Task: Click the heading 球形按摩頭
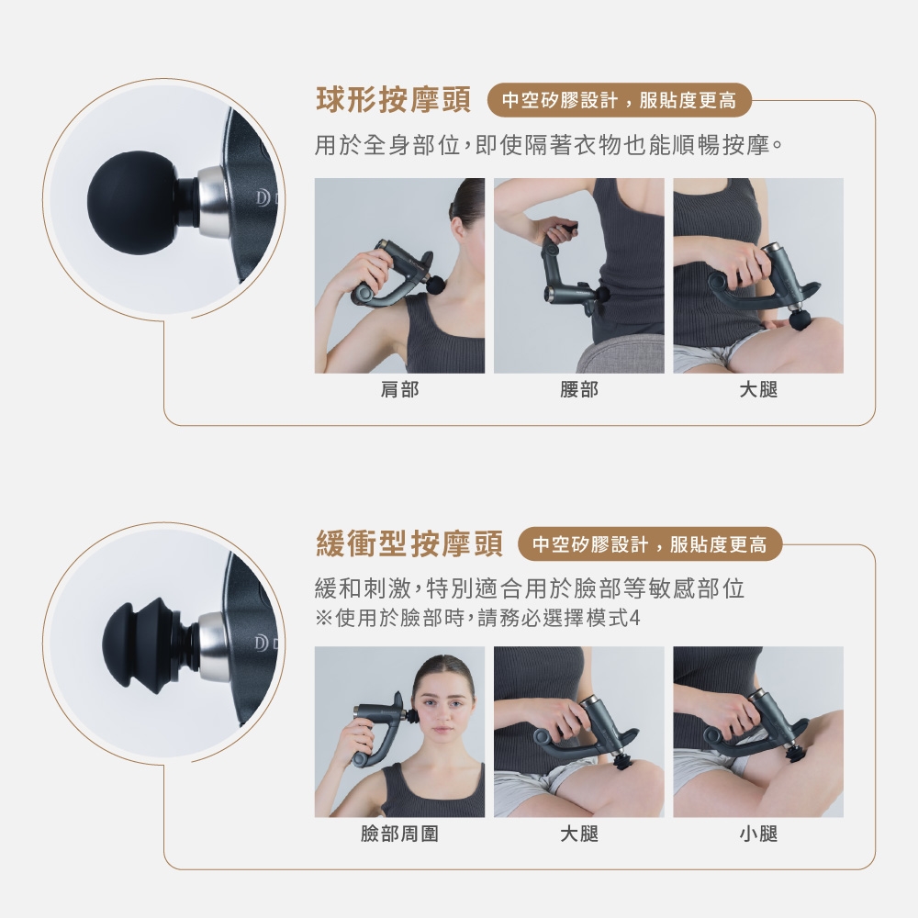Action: click(393, 100)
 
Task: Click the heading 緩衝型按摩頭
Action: click(409, 543)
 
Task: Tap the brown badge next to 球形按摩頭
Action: click(619, 101)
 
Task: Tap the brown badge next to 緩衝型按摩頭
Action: click(650, 544)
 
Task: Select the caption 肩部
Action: click(400, 389)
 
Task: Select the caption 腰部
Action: click(579, 389)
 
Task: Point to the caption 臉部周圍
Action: click(400, 834)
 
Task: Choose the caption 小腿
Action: click(758, 834)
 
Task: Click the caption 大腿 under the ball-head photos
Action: click(758, 389)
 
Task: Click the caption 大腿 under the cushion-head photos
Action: click(579, 834)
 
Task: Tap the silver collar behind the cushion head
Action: click(213, 645)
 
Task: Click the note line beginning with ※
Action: click(477, 618)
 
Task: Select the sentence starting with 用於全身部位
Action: click(549, 145)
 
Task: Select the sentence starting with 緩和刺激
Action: click(530, 588)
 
